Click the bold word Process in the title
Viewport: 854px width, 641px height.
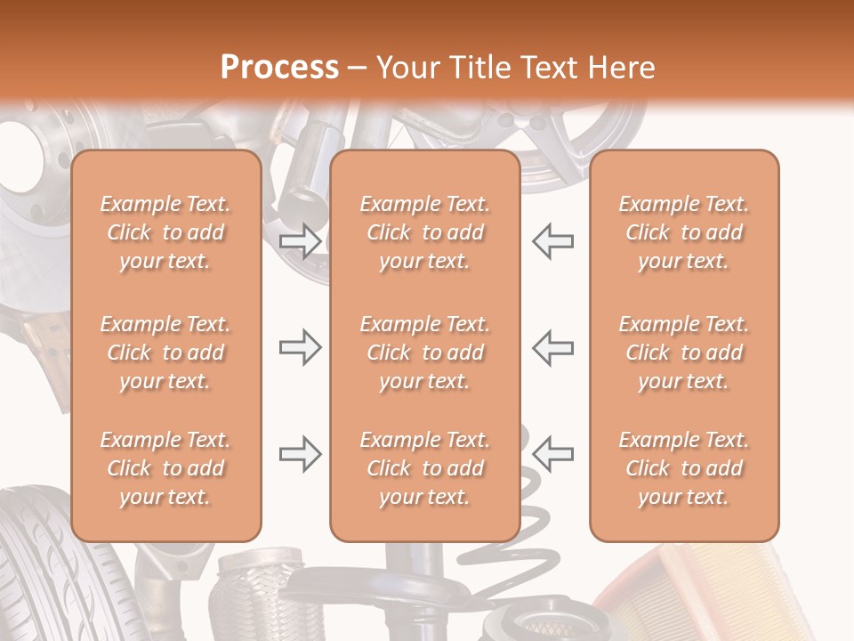click(279, 67)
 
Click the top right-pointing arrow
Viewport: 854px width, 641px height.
click(300, 240)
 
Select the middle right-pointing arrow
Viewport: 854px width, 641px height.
click(300, 347)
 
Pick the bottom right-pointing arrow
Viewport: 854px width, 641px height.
click(300, 454)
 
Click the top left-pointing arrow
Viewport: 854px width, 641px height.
click(552, 240)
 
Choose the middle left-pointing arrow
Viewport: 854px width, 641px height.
click(552, 347)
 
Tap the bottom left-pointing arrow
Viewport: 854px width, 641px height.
click(552, 454)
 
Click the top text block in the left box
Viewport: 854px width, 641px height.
click(165, 232)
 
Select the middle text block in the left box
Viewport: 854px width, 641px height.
click(165, 353)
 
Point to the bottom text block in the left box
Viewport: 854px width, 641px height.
click(165, 468)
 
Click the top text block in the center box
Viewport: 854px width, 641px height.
click(424, 232)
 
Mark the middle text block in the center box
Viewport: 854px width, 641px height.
click(424, 353)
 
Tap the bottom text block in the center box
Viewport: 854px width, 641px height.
click(424, 468)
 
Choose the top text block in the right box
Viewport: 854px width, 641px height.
click(683, 232)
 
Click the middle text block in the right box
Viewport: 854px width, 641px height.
click(683, 353)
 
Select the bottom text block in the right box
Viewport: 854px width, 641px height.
click(683, 468)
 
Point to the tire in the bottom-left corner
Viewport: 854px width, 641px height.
click(53, 570)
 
